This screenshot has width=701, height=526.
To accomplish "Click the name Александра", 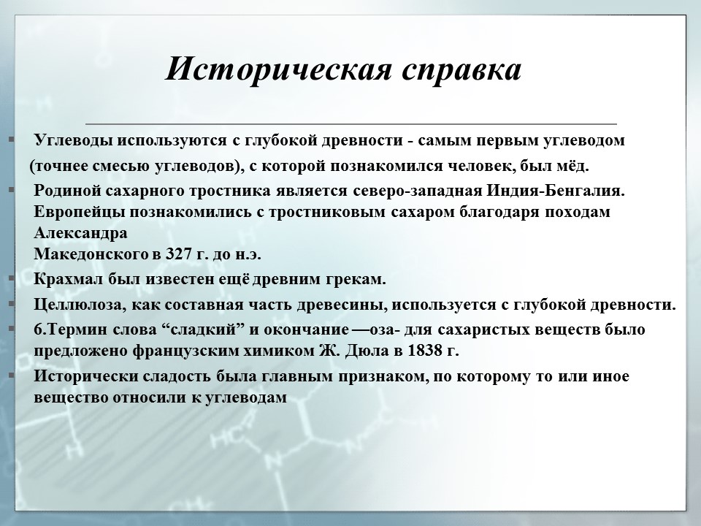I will tap(80, 234).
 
